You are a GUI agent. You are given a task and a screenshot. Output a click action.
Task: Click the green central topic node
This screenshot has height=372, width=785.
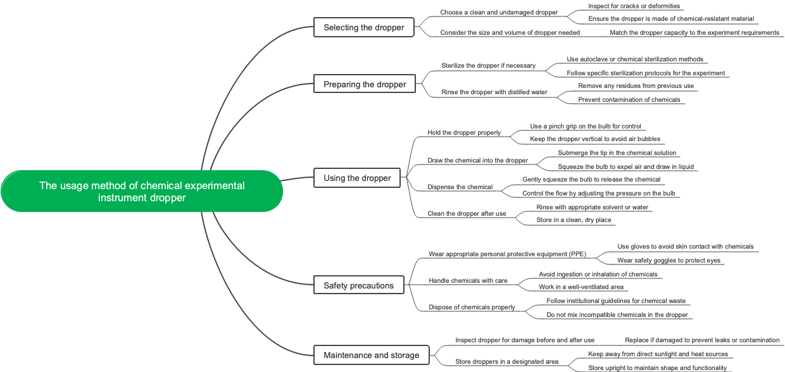[x=142, y=191]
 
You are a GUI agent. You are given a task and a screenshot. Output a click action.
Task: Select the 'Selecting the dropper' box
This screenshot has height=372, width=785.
[x=363, y=27]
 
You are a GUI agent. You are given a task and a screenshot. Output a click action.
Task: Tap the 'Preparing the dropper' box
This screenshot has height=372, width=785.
[x=365, y=84]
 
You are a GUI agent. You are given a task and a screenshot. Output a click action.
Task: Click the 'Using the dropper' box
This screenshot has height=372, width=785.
[x=357, y=178]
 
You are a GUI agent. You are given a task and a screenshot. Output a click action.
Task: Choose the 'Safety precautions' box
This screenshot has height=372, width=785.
[x=358, y=285]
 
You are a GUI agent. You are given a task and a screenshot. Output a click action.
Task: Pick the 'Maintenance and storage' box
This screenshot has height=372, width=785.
[x=371, y=355]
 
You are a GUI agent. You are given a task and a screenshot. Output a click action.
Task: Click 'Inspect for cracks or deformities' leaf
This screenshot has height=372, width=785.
[x=634, y=6]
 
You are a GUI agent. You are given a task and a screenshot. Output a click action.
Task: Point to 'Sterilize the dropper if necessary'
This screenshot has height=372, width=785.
[x=488, y=66]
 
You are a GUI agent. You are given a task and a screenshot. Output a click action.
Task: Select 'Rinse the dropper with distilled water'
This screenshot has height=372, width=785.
[x=494, y=92]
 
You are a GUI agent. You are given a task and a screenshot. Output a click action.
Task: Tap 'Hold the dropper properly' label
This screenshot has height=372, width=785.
[x=464, y=133]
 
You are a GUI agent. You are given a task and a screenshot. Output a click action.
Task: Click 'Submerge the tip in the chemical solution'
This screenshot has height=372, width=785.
[x=617, y=153]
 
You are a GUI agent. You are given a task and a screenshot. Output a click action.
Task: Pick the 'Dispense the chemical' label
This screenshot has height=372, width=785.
[x=460, y=187]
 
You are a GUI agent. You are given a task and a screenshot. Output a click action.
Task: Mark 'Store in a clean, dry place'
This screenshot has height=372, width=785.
[x=574, y=220]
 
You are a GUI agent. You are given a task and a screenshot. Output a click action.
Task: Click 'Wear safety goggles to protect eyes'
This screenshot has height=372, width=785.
[x=669, y=261]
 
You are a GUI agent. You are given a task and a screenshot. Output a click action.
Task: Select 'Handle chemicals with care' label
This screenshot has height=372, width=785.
[x=468, y=281]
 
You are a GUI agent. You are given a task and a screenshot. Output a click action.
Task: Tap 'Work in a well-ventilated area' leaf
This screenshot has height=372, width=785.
[x=581, y=287]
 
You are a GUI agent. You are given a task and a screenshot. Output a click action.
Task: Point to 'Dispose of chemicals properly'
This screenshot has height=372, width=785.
[x=472, y=307]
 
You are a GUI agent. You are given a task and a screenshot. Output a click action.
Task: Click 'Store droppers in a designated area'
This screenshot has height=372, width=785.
[x=506, y=362]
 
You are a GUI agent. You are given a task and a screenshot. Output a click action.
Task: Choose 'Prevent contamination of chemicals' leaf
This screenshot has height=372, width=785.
[x=629, y=100]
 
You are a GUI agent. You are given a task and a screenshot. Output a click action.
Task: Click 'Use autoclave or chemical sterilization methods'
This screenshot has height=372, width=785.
[x=634, y=59]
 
